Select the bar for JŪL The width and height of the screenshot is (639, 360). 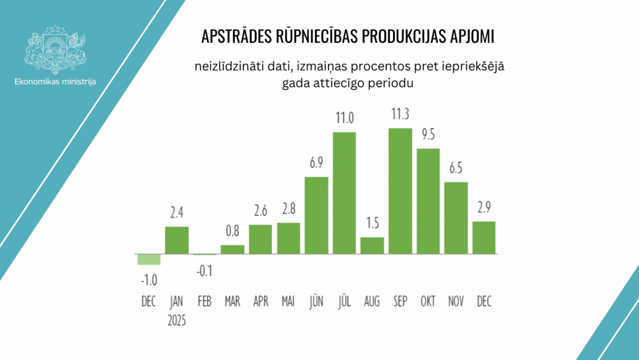(x=344, y=192)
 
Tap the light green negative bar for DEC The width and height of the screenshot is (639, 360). (x=149, y=259)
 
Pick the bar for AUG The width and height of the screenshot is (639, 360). (x=372, y=246)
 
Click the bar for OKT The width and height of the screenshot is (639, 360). (x=428, y=201)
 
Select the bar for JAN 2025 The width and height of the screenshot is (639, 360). (x=177, y=240)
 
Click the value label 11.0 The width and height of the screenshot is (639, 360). (x=344, y=118)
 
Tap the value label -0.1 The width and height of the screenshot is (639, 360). (x=204, y=270)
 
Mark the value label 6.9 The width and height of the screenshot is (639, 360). (x=316, y=162)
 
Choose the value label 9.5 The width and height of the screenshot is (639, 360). (x=428, y=134)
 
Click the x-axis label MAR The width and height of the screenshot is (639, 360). (x=233, y=301)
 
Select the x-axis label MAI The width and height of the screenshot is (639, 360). (x=288, y=301)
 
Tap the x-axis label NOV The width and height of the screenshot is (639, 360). (x=456, y=301)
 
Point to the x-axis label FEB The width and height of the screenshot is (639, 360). (x=204, y=301)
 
